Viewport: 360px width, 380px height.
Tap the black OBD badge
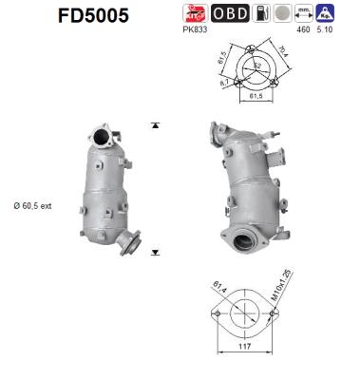pyautogui.click(x=230, y=13)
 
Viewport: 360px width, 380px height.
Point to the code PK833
pyautogui.click(x=194, y=30)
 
